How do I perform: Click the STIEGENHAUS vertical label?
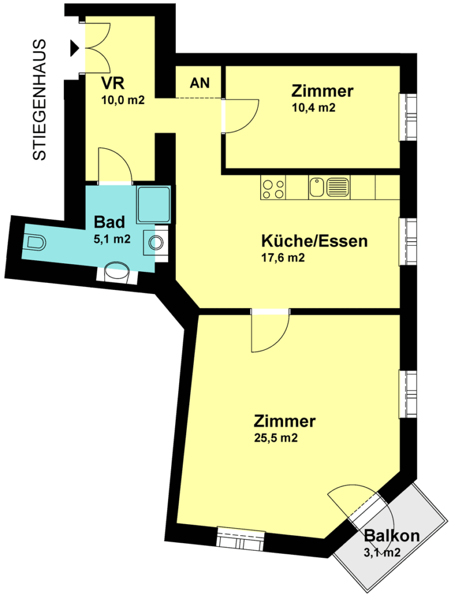coord(40,99)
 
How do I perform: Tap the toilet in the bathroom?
coord(35,243)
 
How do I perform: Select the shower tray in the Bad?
coord(154,204)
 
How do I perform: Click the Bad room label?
coord(110,222)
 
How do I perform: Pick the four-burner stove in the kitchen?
coord(274,188)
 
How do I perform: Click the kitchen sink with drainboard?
coord(329,187)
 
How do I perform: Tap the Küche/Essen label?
coord(314,241)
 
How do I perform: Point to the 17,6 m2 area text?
coord(283,259)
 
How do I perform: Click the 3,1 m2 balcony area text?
coord(382,553)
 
